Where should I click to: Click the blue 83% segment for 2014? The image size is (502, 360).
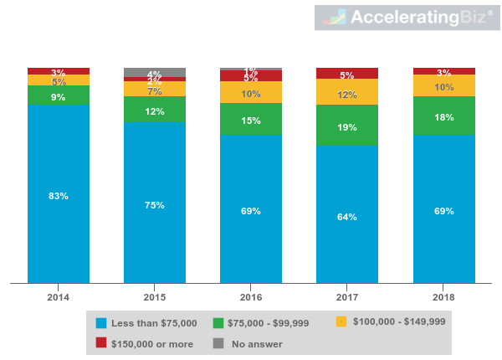[59, 194]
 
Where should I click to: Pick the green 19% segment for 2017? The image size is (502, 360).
[347, 126]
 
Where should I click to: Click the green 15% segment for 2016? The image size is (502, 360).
[251, 120]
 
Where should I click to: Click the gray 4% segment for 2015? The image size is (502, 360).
[155, 72]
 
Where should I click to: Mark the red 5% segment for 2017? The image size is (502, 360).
[347, 74]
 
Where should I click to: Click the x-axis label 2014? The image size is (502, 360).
[59, 297]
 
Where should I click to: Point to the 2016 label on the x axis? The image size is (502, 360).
[251, 297]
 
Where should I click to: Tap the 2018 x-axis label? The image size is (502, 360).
[443, 297]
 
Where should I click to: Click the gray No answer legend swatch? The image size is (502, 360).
[218, 343]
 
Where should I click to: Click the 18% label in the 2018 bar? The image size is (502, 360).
[443, 117]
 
